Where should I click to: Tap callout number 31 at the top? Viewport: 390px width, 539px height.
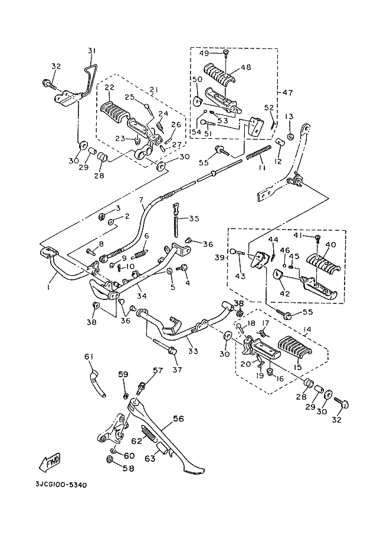[x=91, y=51]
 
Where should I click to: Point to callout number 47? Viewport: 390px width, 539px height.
[x=287, y=93]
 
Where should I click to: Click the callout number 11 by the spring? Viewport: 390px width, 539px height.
[x=261, y=168]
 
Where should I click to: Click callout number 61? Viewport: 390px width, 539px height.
[x=89, y=356]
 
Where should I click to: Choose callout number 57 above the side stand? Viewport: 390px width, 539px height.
[x=158, y=371]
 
